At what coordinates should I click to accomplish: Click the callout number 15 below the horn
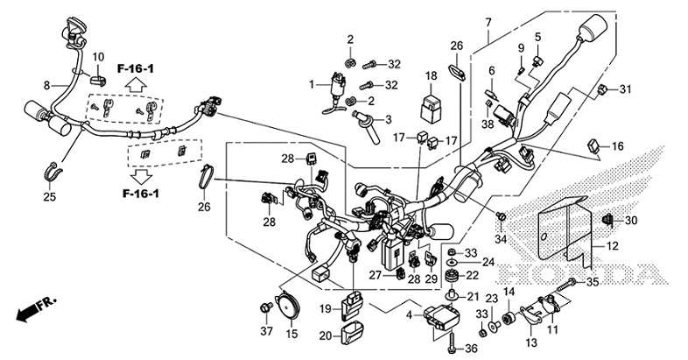292,333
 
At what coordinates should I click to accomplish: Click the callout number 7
488,22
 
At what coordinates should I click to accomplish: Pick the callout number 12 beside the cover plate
611,246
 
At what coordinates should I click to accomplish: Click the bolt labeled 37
264,307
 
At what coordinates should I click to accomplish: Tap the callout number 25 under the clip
49,197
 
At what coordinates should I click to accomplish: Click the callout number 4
408,315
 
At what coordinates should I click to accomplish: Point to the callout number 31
625,89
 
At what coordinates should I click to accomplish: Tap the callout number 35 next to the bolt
592,282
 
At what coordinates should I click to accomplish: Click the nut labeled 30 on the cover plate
607,220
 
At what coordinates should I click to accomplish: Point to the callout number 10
98,57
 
